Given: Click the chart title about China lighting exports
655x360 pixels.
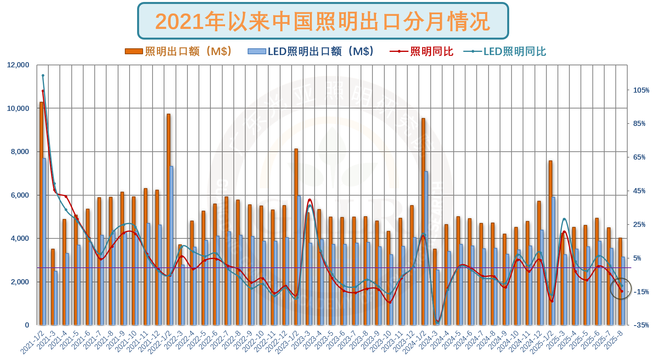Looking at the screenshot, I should [x=323, y=21].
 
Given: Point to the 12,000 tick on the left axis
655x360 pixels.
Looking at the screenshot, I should [x=18, y=65].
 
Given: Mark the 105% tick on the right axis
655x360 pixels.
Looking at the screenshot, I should [x=641, y=90].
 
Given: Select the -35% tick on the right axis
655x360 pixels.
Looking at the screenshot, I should [x=641, y=325].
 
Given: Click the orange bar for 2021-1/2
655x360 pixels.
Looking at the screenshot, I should [x=41, y=214].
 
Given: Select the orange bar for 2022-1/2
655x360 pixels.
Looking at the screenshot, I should [x=168, y=220].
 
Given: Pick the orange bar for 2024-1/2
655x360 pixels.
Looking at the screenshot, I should [x=423, y=222].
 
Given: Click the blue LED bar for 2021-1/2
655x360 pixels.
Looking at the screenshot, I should [x=44, y=242].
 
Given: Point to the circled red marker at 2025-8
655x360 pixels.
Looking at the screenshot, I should [x=622, y=291].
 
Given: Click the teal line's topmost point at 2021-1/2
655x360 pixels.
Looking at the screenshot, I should [x=43, y=75].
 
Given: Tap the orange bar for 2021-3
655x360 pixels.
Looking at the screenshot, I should [x=53, y=287].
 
